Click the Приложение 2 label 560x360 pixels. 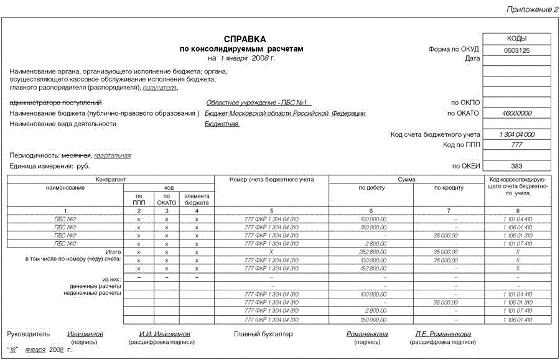531,8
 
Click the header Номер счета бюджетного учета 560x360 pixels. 271,180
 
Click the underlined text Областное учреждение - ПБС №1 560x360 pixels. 258,103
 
